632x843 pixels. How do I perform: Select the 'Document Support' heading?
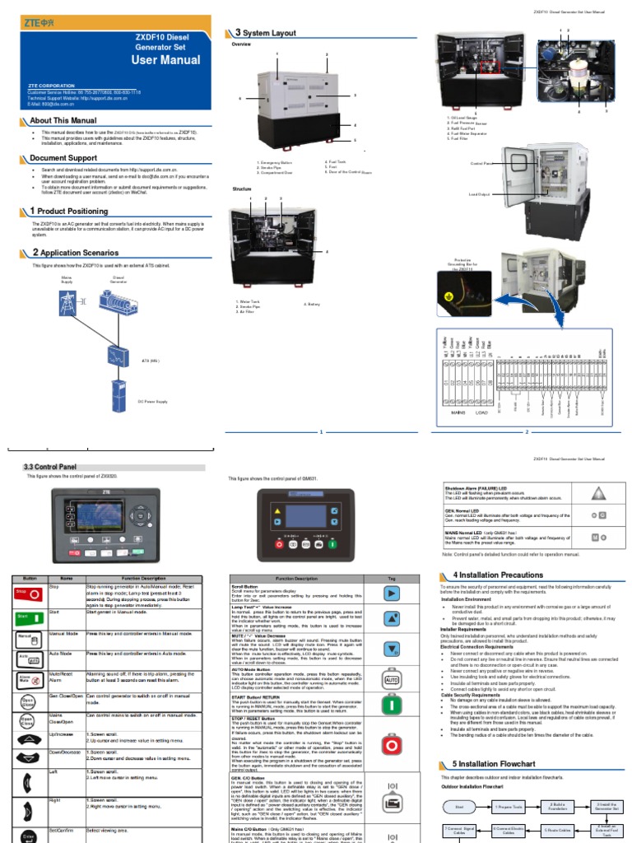63,158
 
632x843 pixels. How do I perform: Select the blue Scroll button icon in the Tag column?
392,593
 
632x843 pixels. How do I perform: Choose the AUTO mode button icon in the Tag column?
392,680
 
